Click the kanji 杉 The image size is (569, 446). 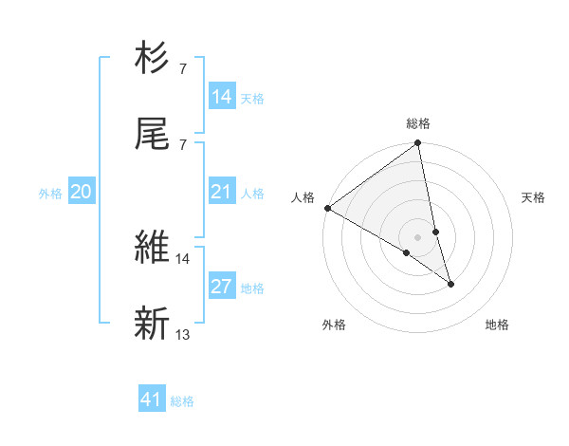(153, 59)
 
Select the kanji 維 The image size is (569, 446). (153, 247)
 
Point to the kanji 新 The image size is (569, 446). (153, 323)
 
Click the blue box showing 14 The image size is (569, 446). (222, 97)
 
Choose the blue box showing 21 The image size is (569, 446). (222, 192)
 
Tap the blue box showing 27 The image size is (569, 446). (222, 287)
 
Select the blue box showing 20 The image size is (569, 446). (82, 192)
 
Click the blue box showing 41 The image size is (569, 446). (152, 400)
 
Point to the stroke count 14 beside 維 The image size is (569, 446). (183, 258)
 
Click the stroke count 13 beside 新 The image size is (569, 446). (183, 334)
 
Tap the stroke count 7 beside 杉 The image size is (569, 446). (183, 69)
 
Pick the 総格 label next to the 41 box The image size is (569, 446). (182, 401)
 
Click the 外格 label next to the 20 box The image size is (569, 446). (50, 194)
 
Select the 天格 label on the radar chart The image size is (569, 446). (534, 197)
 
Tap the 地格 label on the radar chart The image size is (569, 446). (497, 325)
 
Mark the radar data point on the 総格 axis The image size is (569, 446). (418, 143)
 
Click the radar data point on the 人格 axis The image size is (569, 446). (327, 208)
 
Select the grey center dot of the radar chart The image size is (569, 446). (418, 236)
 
